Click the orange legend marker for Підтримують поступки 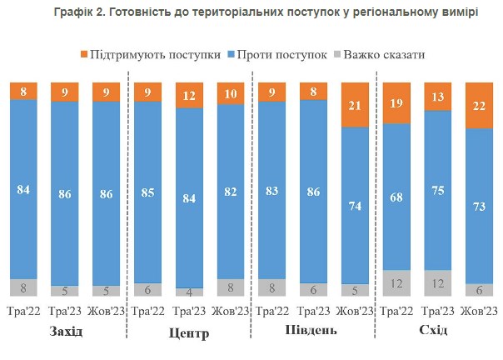[83, 54]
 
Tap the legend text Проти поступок [281, 54]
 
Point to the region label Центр [189, 333]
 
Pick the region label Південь [313, 331]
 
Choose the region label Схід [434, 331]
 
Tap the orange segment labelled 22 [479, 106]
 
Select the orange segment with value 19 [397, 103]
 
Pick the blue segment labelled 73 [479, 206]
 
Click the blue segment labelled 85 [147, 192]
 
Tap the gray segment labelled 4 [189, 292]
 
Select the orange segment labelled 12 [189, 96]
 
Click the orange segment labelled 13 [438, 97]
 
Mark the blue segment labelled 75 [438, 190]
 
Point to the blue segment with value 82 [231, 190]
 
